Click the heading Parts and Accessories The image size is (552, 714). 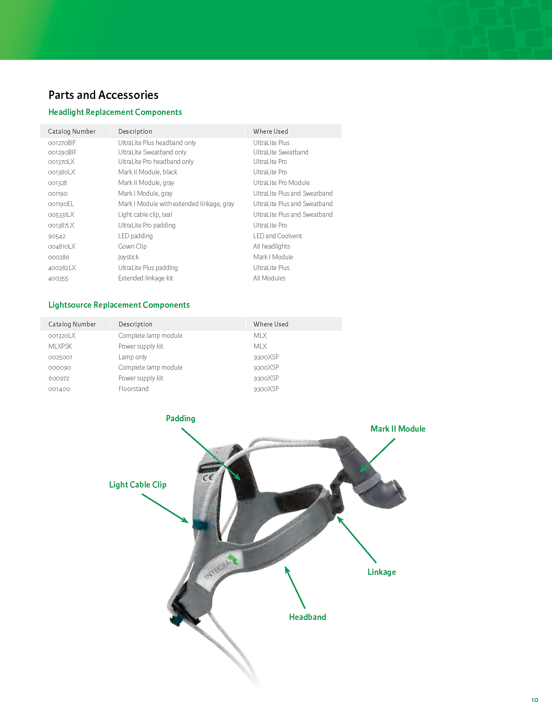(103, 95)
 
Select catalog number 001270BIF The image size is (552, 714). (62, 143)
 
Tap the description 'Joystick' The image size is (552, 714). (129, 257)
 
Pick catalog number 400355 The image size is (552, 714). (58, 278)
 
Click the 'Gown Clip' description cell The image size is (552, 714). (132, 246)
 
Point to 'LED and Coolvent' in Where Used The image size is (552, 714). (277, 236)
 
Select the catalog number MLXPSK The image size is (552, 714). (60, 346)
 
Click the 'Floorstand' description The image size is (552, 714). (133, 389)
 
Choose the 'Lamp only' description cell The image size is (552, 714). (132, 357)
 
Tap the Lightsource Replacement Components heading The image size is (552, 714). (119, 305)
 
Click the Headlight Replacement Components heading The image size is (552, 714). (115, 112)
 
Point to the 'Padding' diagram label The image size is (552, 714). (181, 418)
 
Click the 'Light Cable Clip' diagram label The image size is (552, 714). (138, 485)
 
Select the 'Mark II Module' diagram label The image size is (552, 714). (398, 429)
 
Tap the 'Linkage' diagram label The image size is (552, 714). (382, 572)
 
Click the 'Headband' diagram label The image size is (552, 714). (307, 617)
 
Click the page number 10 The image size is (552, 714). (534, 700)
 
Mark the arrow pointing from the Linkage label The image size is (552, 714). (357, 540)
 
